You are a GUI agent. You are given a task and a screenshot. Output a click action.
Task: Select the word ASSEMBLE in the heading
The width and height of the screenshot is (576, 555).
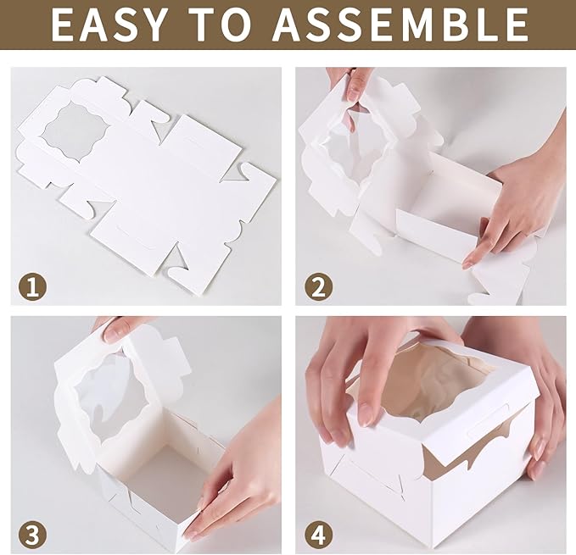(x=406, y=25)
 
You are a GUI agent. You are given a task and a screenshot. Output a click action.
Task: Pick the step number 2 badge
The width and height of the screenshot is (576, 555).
(x=318, y=286)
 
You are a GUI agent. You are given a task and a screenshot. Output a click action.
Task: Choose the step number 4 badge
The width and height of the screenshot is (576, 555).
(x=318, y=534)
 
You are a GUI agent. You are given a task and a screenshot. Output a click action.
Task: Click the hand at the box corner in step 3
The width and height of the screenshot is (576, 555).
(x=242, y=475)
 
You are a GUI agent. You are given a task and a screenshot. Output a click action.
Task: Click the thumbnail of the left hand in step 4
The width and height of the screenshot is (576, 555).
(x=366, y=414)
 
